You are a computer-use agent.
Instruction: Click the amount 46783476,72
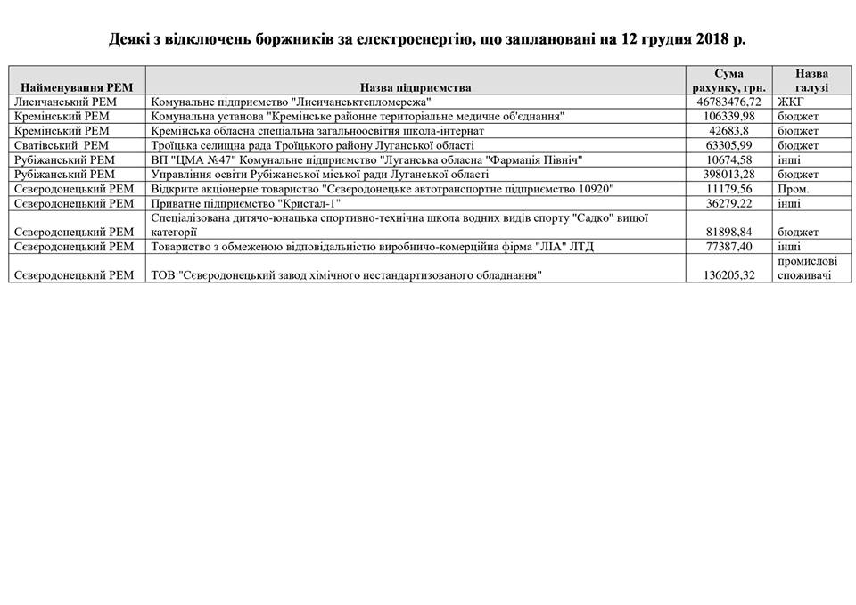[x=728, y=102]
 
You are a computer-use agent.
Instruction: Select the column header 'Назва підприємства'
[x=416, y=88]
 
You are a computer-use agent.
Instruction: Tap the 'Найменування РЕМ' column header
[x=77, y=88]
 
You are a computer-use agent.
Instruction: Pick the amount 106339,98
[x=728, y=117]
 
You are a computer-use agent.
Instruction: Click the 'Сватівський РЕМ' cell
[x=62, y=145]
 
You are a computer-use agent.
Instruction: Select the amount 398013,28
[x=728, y=174]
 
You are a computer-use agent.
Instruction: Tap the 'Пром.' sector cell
[x=793, y=188]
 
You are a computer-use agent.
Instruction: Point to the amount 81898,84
[x=728, y=232]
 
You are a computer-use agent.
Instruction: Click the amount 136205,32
[x=728, y=275]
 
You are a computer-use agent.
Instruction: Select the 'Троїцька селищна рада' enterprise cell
[x=313, y=145]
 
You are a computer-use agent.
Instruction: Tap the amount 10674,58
[x=728, y=159]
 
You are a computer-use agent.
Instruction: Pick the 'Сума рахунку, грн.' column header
[x=728, y=80]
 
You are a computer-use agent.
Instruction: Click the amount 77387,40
[x=728, y=247]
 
